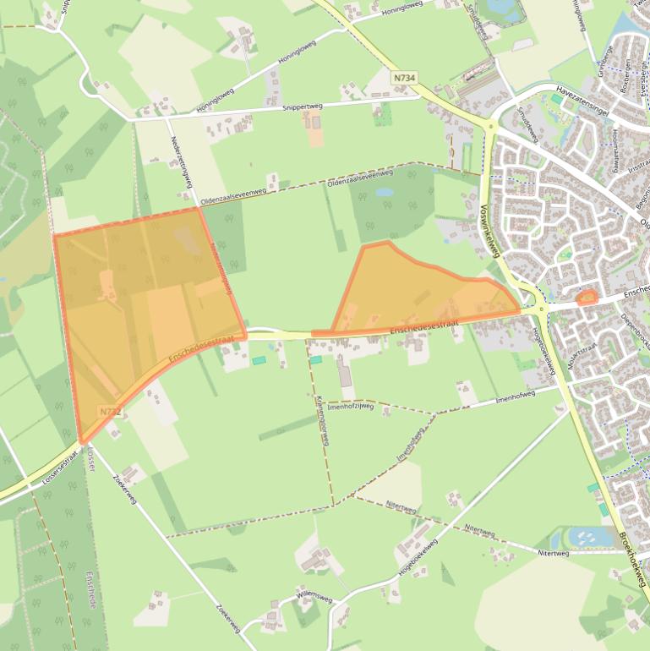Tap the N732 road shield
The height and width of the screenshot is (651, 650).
[x=110, y=412]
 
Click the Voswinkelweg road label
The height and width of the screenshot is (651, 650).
[x=490, y=229]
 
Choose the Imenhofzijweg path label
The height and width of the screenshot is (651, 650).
[x=350, y=406]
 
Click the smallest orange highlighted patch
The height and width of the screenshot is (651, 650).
[x=585, y=298]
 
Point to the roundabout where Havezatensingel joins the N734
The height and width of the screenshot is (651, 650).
[x=490, y=127]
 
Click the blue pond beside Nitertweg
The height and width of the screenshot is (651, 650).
[x=582, y=536]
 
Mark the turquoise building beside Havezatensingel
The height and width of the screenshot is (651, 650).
[x=556, y=99]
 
